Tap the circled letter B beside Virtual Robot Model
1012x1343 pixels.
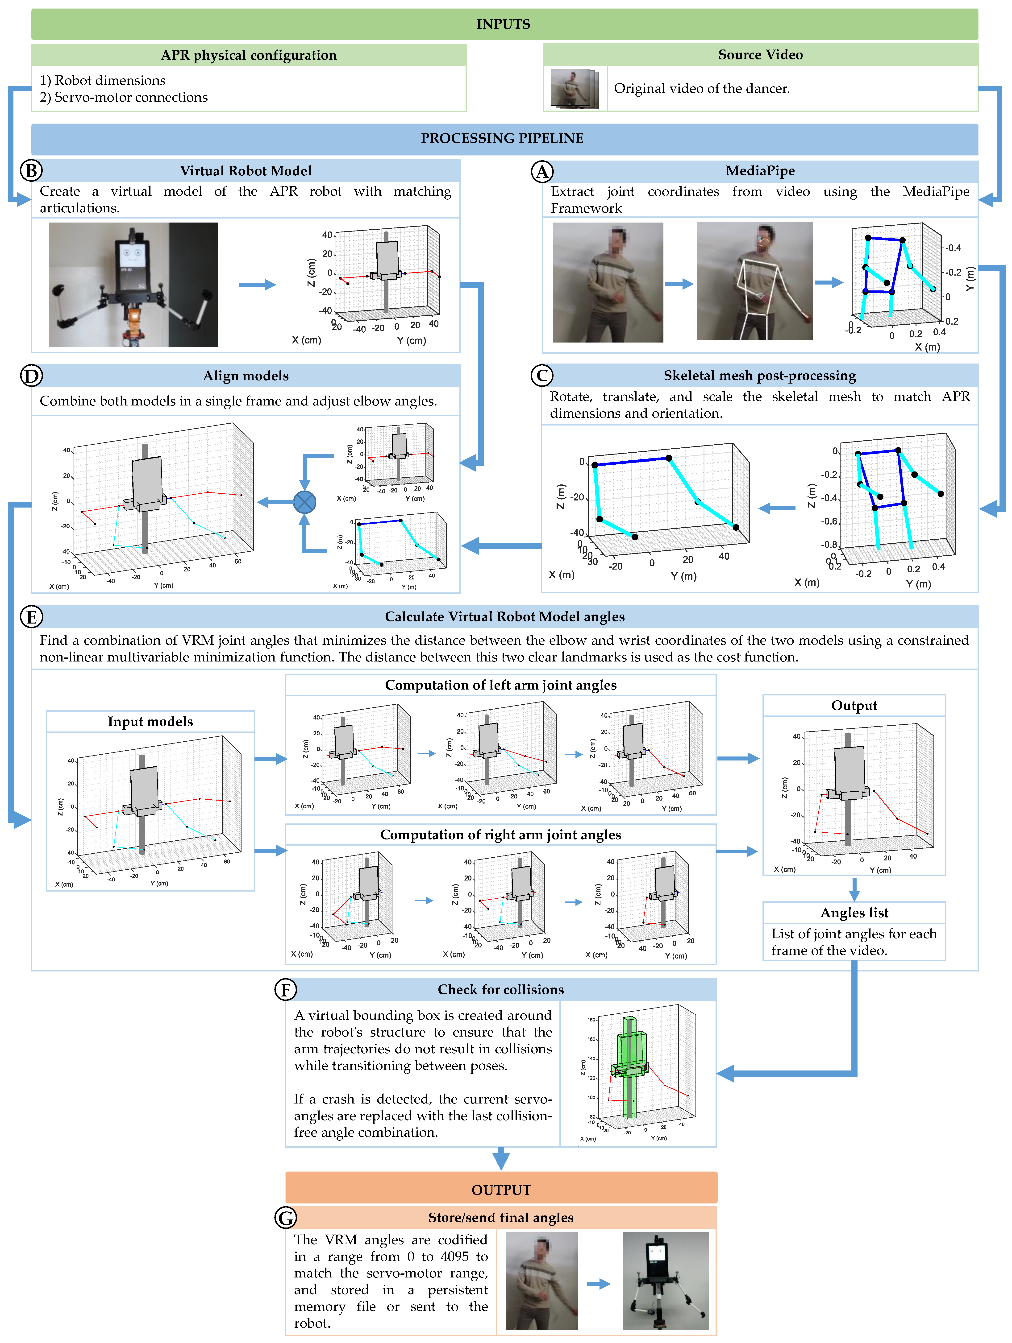click(31, 171)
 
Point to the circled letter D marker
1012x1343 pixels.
click(31, 376)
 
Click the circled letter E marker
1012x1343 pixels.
click(31, 617)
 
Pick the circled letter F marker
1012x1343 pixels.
click(286, 990)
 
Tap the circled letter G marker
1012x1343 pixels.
click(286, 1217)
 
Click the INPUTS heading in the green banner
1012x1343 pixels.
click(503, 24)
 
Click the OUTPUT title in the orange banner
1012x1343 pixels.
click(501, 1190)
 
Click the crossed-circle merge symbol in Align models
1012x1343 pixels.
click(305, 502)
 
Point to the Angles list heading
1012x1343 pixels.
click(854, 913)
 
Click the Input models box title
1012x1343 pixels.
click(150, 721)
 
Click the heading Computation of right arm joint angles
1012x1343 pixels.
click(500, 835)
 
